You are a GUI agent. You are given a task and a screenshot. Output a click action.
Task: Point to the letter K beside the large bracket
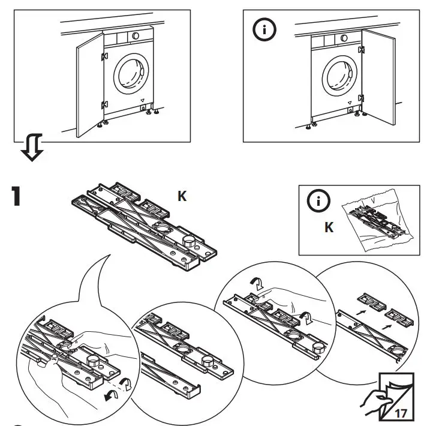(x=181, y=196)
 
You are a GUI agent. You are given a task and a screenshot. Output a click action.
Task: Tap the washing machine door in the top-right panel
(x=339, y=78)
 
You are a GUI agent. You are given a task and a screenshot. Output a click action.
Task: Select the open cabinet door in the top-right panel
(x=378, y=82)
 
